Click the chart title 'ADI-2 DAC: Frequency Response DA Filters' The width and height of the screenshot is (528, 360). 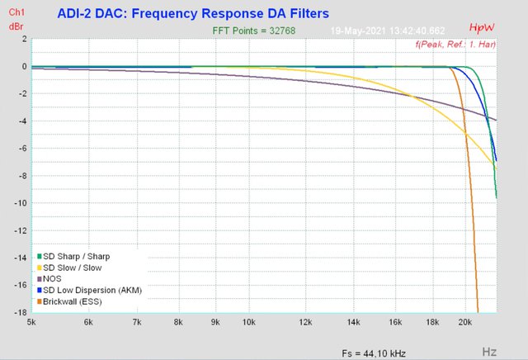click(x=193, y=14)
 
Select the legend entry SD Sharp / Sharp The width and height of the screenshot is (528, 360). click(x=76, y=257)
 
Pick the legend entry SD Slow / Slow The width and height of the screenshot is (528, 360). click(x=72, y=268)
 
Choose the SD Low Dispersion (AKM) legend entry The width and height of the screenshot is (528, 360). click(x=92, y=291)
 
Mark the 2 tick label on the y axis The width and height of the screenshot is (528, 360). click(x=23, y=39)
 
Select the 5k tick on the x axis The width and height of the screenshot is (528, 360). click(x=32, y=322)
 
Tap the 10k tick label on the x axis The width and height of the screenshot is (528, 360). click(x=249, y=322)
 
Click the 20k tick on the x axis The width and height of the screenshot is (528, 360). click(x=466, y=322)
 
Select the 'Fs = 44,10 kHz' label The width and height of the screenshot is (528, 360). click(x=374, y=353)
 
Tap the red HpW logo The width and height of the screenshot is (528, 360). click(x=480, y=29)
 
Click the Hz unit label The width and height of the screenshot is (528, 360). click(x=488, y=352)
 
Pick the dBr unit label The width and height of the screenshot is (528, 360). click(x=16, y=26)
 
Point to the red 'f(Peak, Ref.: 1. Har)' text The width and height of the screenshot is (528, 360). click(x=455, y=43)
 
